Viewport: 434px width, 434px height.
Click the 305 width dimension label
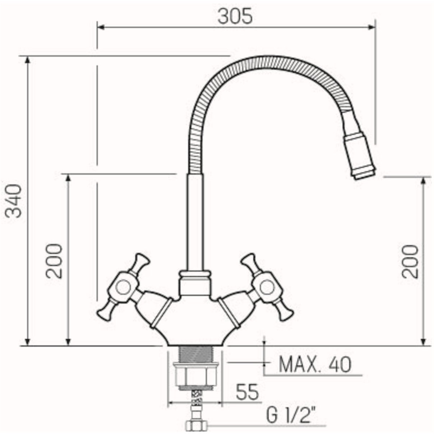tap(235, 17)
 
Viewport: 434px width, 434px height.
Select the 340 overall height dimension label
tap(14, 201)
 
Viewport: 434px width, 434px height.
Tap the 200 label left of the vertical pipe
tap(54, 261)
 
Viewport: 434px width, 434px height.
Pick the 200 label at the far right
tap(410, 262)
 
